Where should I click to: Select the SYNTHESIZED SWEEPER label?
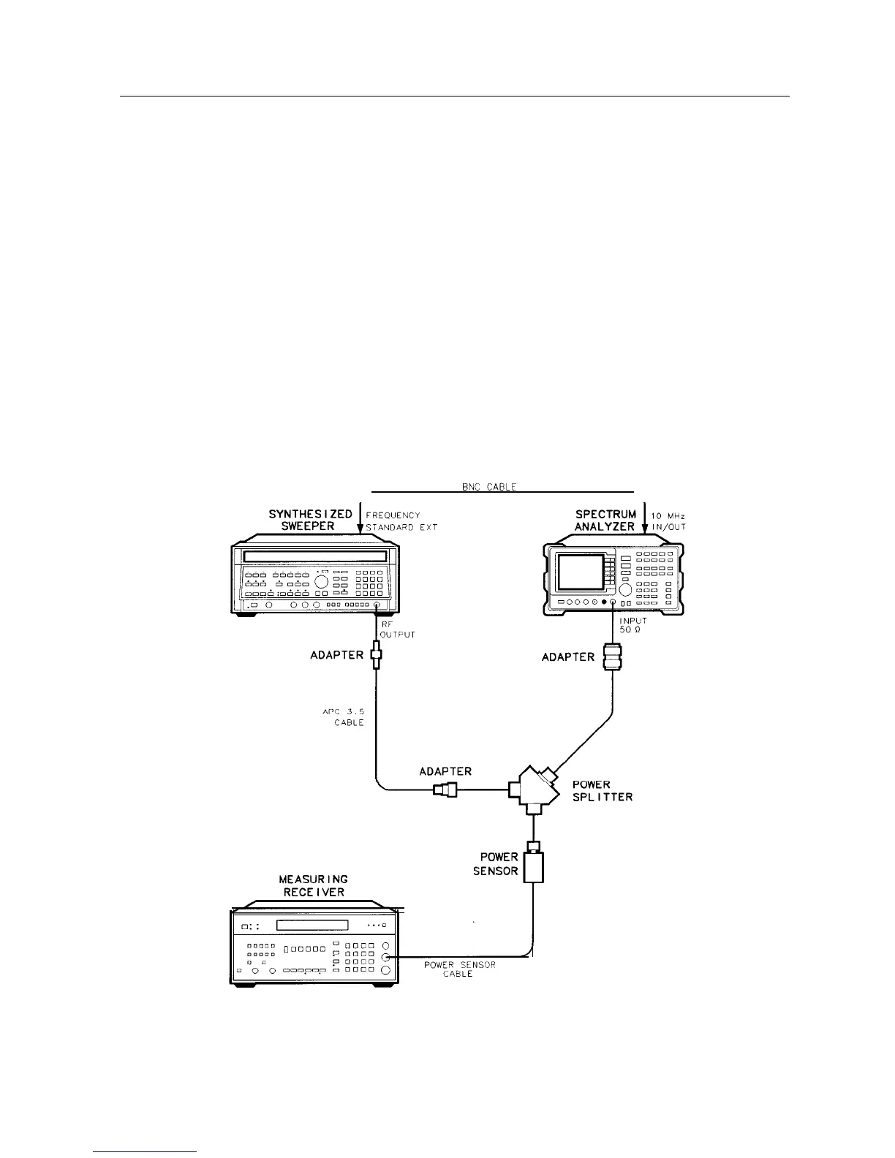311,520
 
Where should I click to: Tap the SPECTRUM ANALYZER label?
605,520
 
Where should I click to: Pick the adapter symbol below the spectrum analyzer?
611,656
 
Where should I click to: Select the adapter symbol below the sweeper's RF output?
377,654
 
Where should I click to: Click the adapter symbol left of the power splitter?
445,790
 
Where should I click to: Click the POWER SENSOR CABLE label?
459,969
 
